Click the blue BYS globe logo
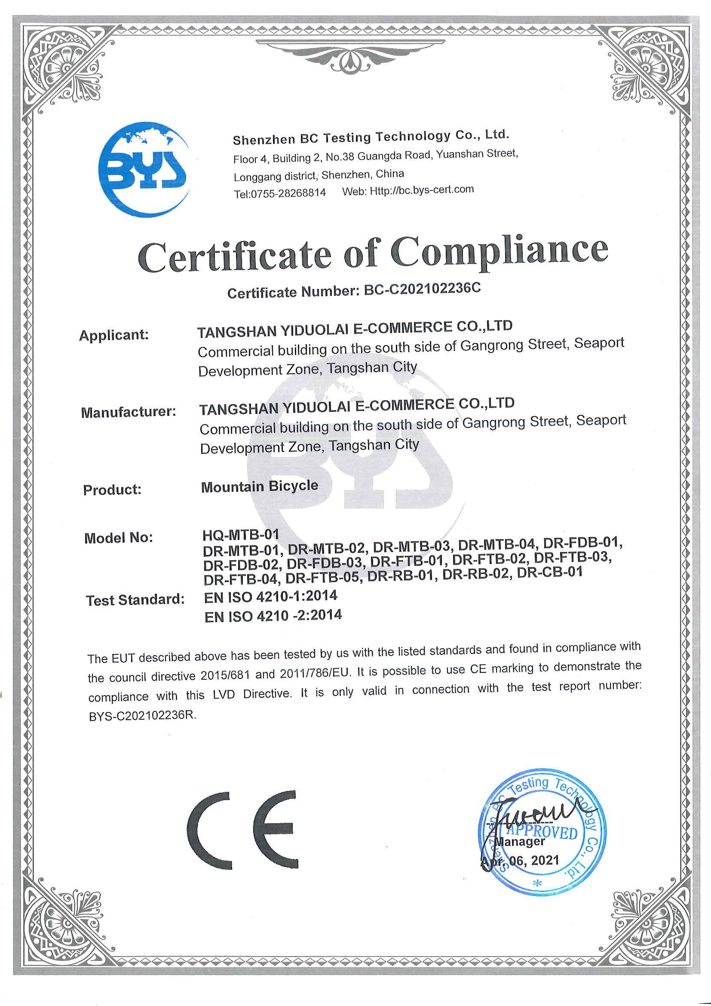pyautogui.click(x=144, y=169)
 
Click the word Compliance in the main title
pyautogui.click(x=500, y=251)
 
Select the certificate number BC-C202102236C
pyautogui.click(x=422, y=289)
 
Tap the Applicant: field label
pyautogui.click(x=114, y=335)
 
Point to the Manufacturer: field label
pyautogui.click(x=129, y=412)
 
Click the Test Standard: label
pyautogui.click(x=135, y=599)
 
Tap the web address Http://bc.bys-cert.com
pyautogui.click(x=421, y=190)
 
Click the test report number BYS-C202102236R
pyautogui.click(x=142, y=715)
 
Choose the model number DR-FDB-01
pyautogui.click(x=582, y=543)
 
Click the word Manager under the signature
pyautogui.click(x=520, y=841)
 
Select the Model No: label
pyautogui.click(x=118, y=538)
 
